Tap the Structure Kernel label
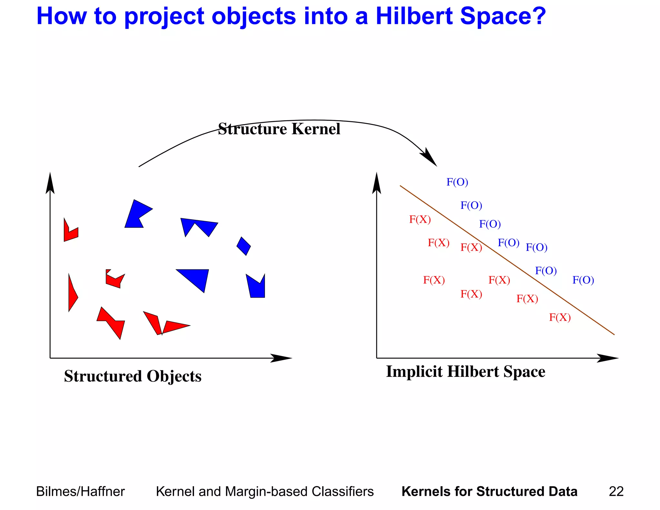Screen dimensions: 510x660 279,129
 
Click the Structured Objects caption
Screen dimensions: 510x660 132,376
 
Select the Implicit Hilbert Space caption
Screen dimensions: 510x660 465,371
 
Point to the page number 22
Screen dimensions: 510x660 616,492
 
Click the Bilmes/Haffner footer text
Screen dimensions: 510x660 80,492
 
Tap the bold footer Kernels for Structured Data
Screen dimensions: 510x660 489,492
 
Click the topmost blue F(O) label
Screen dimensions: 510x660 457,182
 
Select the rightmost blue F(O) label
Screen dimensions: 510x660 583,280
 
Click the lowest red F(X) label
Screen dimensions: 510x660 560,318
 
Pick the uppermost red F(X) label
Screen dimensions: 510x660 420,220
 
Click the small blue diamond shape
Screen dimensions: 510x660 244,246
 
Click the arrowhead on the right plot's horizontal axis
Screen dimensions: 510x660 607,358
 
